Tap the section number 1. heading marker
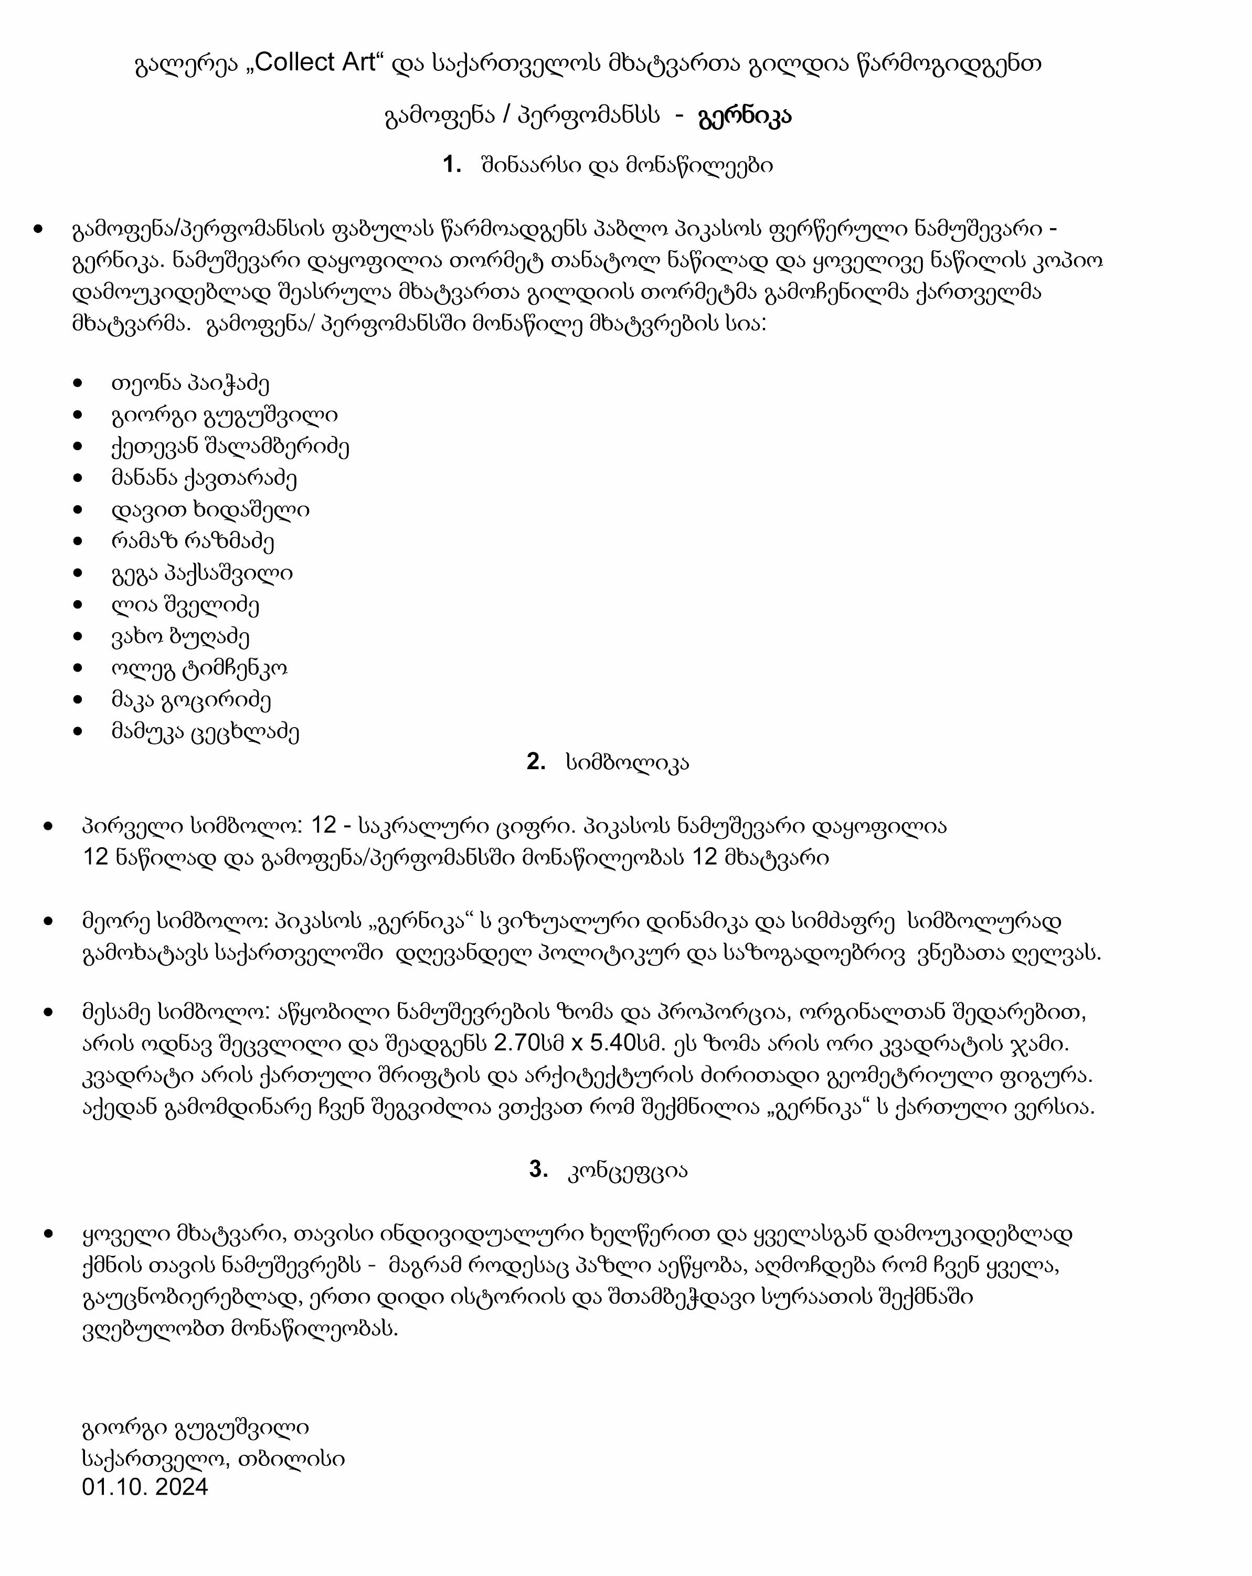click(x=451, y=165)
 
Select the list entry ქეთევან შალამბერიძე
click(x=230, y=446)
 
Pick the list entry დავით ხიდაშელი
click(x=210, y=509)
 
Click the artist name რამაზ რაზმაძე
click(x=193, y=541)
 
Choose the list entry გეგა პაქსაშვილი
click(x=202, y=573)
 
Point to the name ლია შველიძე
click(x=185, y=604)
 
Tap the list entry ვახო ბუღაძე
click(x=180, y=636)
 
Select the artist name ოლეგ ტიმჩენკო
click(x=199, y=668)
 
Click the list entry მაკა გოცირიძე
click(x=191, y=699)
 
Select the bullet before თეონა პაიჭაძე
click(x=78, y=383)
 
